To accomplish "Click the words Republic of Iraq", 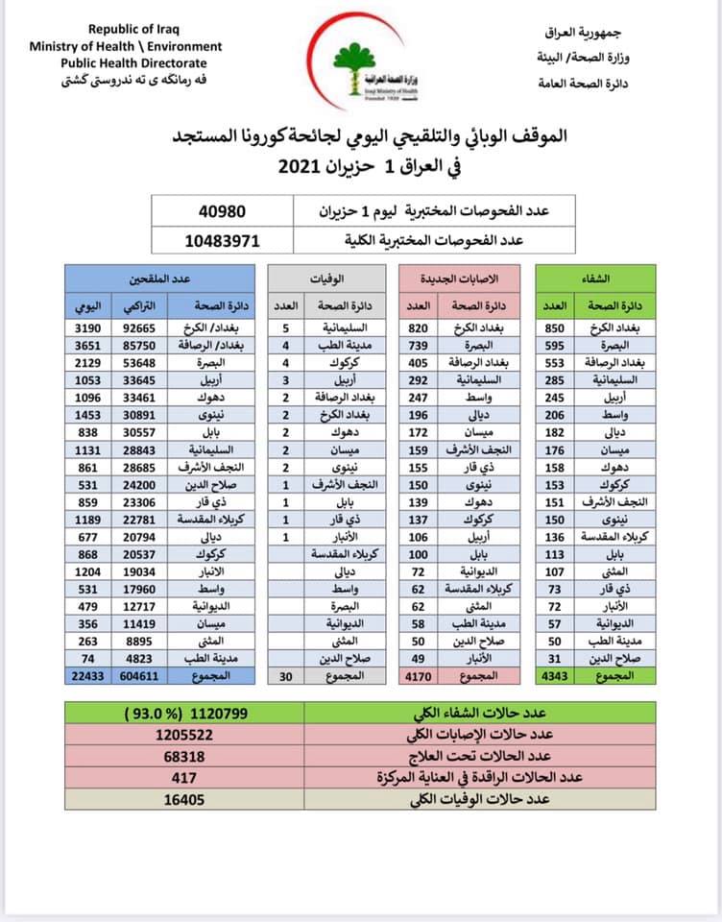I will [125, 31].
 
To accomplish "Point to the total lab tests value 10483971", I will [221, 240].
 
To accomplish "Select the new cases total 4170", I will [417, 702].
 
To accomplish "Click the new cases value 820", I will [417, 327].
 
